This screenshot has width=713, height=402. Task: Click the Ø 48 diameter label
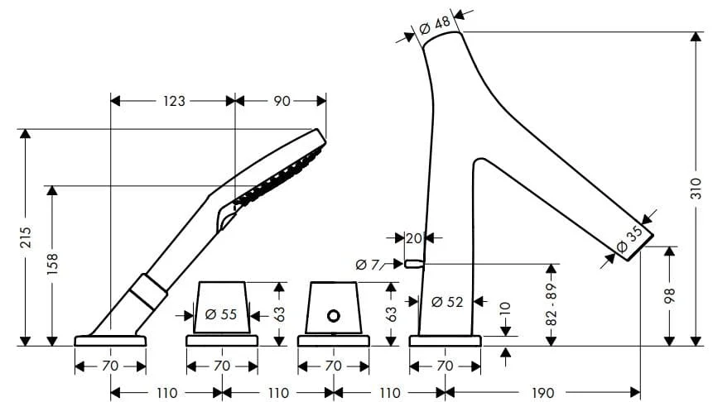(x=435, y=25)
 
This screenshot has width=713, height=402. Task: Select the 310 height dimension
(x=696, y=189)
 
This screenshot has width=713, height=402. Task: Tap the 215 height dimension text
(x=26, y=237)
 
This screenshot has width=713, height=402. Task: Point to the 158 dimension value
(x=53, y=264)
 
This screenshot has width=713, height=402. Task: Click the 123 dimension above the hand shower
(x=174, y=101)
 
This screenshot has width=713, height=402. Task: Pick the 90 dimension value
(x=282, y=101)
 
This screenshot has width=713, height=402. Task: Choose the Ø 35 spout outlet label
(x=630, y=239)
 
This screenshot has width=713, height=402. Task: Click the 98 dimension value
(x=670, y=295)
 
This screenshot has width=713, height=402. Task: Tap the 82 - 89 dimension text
(x=552, y=304)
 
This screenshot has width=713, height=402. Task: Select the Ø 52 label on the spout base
(x=447, y=302)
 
